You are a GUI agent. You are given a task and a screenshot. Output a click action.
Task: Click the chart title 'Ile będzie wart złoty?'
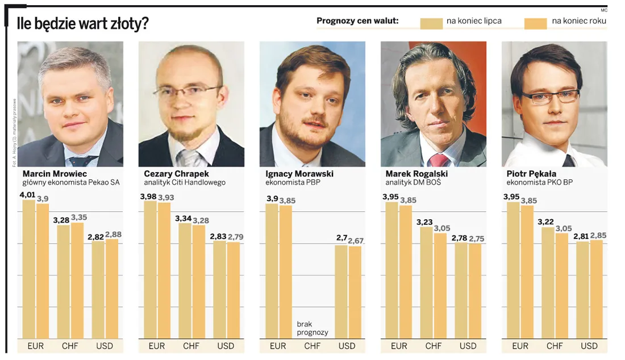point(82,23)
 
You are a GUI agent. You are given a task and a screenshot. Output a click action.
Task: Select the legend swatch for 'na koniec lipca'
point(431,22)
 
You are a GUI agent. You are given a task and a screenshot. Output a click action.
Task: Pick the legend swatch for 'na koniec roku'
point(535,22)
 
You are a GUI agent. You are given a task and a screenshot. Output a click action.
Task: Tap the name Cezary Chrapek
point(176,174)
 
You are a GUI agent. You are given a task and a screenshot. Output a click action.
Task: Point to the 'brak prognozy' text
point(312,329)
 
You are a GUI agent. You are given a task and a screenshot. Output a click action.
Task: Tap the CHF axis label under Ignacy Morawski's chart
point(312,346)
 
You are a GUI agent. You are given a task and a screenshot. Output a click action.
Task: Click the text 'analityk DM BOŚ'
point(413,183)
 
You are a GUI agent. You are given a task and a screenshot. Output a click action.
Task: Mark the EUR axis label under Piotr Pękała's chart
point(520,346)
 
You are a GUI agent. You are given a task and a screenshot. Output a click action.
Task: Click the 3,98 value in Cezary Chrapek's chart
point(148,196)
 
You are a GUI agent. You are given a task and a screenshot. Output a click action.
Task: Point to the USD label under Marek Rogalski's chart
point(468,346)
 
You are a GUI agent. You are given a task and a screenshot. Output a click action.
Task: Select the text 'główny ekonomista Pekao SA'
point(71,183)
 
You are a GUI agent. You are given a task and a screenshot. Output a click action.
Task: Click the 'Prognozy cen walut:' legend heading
point(357,22)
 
